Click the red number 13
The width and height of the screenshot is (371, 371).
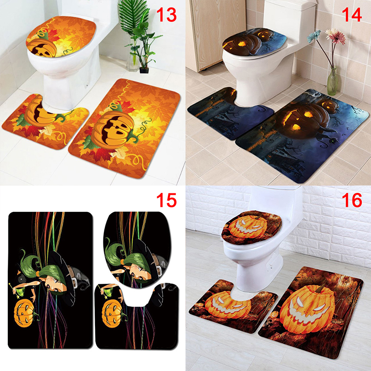166,15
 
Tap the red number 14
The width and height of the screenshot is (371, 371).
352,15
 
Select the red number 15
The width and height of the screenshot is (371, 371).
166,200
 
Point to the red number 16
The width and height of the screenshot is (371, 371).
352,200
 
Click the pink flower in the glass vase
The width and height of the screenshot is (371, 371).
335,37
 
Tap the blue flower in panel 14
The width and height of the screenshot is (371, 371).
314,36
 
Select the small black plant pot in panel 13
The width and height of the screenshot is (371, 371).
144,70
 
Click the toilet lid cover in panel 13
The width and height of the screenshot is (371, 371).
61,37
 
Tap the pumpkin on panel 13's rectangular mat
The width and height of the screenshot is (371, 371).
113,130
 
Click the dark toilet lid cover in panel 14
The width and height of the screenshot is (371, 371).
255,42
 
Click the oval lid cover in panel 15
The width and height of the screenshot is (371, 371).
137,250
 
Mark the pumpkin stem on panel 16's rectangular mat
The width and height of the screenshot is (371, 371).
321,288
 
